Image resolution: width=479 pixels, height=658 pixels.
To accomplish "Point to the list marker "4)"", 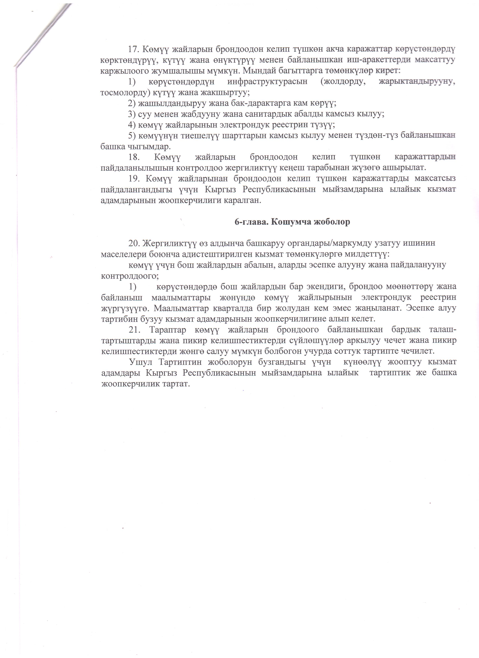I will tap(132, 125).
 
